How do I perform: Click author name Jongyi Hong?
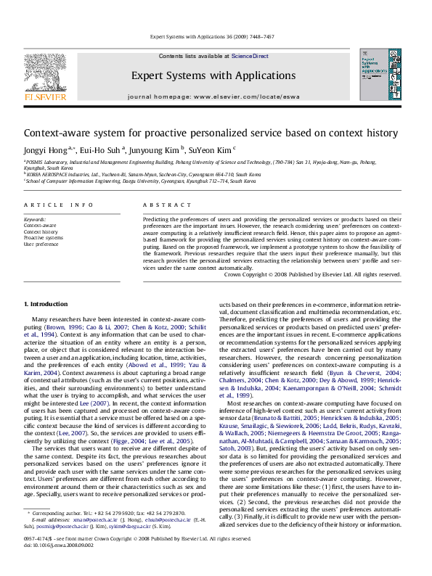(45, 150)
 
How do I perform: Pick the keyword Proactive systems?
(44, 237)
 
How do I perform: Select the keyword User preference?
(41, 244)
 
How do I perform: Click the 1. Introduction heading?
(46, 303)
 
